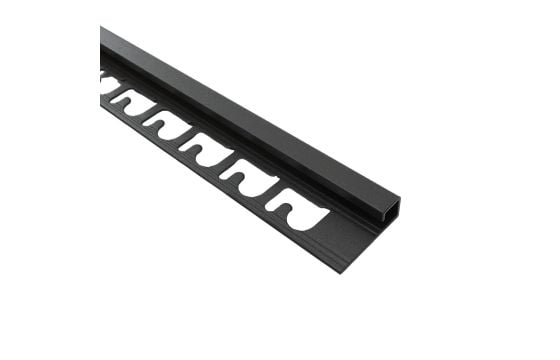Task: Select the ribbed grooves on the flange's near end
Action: pyautogui.click(x=330, y=256)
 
